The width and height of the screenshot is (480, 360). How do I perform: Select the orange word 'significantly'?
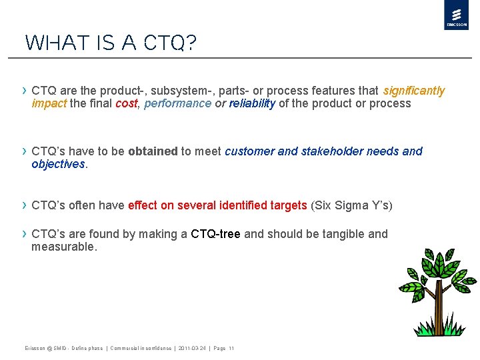[413, 91]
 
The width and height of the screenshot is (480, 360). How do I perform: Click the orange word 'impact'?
[49, 103]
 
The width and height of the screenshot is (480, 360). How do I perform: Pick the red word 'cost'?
[126, 103]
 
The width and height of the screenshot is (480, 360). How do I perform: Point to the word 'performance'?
[177, 103]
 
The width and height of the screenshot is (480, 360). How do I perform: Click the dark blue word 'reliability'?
[252, 103]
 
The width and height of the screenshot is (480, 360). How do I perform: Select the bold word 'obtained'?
[153, 151]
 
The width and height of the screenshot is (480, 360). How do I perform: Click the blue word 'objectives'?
[58, 164]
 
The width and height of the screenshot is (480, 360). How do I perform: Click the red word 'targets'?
[287, 205]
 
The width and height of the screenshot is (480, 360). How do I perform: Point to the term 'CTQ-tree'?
[215, 234]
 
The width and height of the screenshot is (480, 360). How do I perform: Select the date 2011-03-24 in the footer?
[192, 349]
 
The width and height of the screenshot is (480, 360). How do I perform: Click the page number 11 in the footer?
[231, 349]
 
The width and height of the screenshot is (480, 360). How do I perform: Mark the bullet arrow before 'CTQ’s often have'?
[25, 205]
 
